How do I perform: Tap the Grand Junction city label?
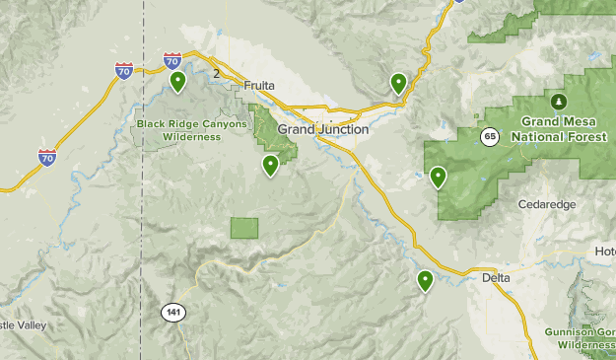(323, 129)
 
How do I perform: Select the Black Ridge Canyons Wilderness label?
(178, 130)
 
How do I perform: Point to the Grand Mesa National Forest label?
(559, 129)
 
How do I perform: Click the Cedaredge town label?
(546, 204)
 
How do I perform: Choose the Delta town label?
(497, 278)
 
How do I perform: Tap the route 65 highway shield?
(490, 136)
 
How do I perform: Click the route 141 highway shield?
(172, 313)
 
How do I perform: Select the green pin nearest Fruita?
(177, 81)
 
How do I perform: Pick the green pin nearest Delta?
(425, 281)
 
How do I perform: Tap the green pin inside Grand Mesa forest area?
(438, 178)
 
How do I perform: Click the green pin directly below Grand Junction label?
(270, 166)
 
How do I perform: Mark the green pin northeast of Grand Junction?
(398, 83)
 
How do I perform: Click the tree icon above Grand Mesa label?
(559, 102)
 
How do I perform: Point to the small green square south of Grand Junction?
(243, 228)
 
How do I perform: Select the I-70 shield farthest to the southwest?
(46, 157)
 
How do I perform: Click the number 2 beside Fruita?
(215, 73)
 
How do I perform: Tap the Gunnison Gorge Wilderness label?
(582, 338)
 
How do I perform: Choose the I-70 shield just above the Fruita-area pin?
(172, 60)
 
